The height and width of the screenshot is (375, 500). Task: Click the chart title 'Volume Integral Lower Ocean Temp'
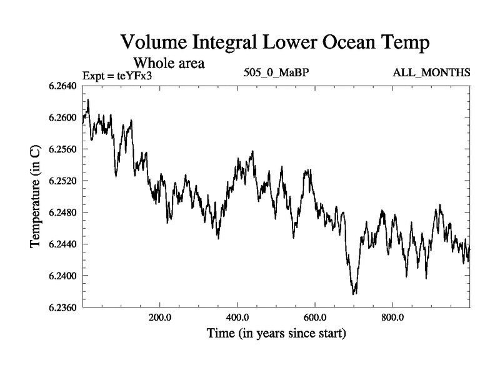275,42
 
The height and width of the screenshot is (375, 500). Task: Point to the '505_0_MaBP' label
276,73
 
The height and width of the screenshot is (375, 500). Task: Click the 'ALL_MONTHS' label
431,73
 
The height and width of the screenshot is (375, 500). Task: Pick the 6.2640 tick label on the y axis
62,86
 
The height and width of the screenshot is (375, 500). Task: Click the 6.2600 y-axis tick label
62,117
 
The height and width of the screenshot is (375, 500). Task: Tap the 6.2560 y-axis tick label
62,149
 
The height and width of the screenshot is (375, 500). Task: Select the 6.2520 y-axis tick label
62,181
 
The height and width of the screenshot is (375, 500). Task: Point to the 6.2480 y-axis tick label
62,212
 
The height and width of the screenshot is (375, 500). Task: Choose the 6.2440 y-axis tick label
62,244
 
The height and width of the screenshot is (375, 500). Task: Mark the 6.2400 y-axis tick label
62,276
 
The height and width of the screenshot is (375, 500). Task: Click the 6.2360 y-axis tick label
62,307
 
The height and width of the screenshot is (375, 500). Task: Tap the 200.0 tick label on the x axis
160,317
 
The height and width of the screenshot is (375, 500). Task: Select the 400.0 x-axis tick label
237,317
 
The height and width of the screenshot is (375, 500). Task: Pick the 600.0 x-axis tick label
315,317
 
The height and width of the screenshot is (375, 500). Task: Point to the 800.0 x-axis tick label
392,317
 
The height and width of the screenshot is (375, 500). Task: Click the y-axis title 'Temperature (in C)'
36,196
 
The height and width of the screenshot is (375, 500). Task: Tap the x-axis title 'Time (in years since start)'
276,334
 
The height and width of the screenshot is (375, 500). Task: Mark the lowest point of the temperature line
354,294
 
